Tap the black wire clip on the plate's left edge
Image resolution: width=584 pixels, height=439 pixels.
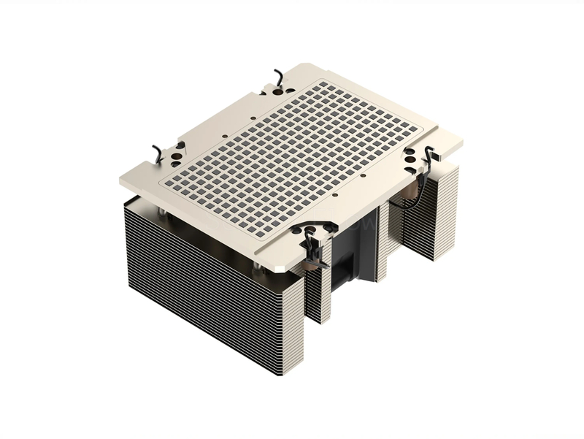point(157,153)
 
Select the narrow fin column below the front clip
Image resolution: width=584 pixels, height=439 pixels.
point(318,292)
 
